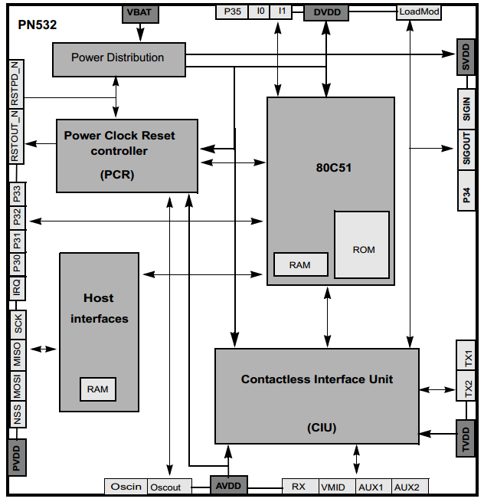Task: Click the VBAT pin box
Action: pos(140,14)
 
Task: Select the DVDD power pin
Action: pos(326,13)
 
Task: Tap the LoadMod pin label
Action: pos(419,12)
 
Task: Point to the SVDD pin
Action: pos(466,57)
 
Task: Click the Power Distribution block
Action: pos(119,60)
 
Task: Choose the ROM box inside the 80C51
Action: pos(361,244)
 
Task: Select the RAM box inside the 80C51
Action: pos(301,264)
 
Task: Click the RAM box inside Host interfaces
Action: pos(98,389)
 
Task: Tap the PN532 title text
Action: pos(38,25)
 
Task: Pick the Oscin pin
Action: pos(126,487)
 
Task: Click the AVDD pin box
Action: pos(229,485)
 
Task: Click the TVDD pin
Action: pos(466,438)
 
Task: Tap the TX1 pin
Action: pos(466,356)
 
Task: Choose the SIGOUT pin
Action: pos(466,149)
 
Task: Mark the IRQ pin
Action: pos(18,288)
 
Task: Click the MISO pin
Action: pos(18,354)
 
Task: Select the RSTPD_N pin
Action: pos(16,84)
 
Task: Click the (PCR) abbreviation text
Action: pos(117,175)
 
